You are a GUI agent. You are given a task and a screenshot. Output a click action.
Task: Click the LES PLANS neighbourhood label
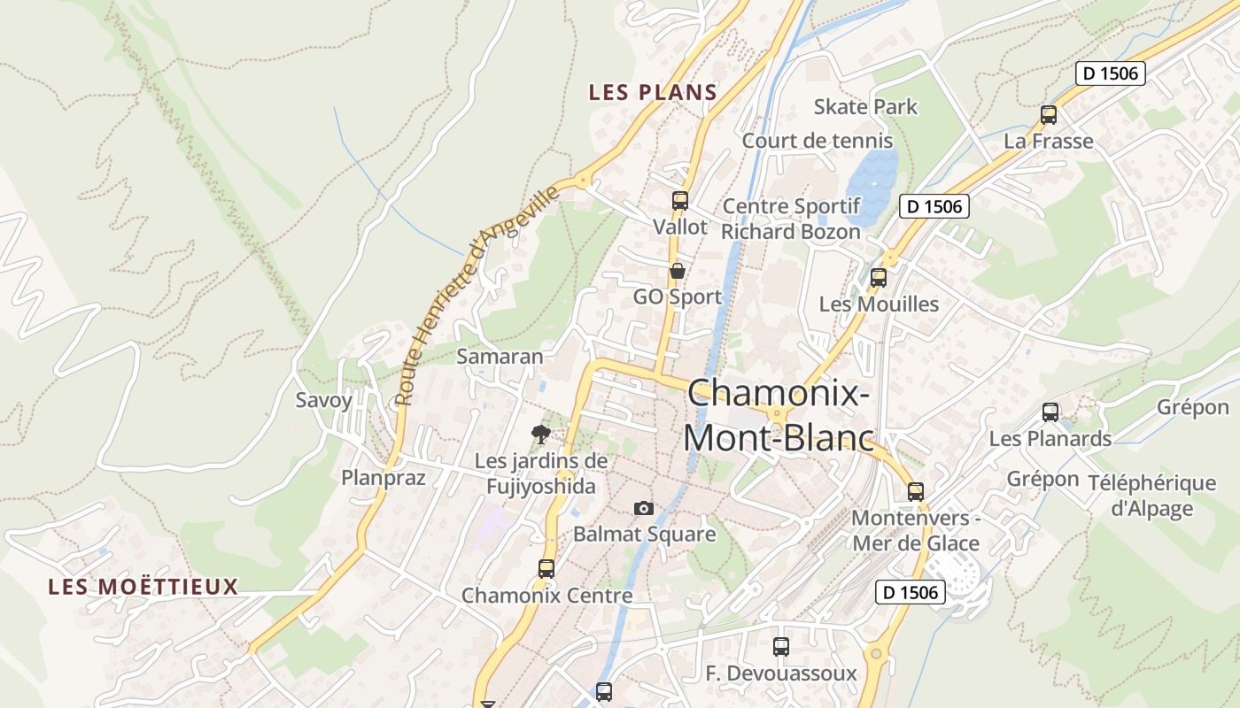click(653, 92)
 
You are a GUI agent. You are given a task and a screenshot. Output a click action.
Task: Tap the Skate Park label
click(865, 107)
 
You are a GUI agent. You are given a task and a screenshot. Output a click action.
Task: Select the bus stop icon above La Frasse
click(1049, 114)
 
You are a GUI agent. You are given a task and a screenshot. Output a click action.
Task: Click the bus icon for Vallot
click(680, 201)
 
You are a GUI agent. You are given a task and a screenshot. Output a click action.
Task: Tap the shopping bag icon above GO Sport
click(678, 271)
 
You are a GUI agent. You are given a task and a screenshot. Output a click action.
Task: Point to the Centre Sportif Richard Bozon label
click(791, 219)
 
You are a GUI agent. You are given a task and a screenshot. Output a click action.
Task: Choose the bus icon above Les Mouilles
click(879, 277)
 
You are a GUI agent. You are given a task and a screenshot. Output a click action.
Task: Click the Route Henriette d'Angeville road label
click(479, 295)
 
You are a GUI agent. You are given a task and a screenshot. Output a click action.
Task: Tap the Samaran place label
click(500, 357)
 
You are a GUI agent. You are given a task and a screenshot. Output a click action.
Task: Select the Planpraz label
click(384, 478)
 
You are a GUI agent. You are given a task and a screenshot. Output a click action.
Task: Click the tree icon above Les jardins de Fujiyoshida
click(540, 434)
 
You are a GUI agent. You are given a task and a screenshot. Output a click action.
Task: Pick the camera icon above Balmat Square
click(644, 508)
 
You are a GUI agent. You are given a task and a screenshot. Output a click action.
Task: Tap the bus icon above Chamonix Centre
click(546, 568)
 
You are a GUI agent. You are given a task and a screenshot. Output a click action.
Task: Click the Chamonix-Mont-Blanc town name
click(779, 415)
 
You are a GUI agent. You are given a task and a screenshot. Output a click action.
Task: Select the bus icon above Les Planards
click(1050, 412)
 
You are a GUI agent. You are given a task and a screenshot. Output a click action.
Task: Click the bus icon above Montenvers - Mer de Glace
click(916, 491)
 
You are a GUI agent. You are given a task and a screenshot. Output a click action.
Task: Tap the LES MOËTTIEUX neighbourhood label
click(143, 586)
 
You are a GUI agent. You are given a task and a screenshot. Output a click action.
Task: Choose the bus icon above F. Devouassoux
click(780, 647)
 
